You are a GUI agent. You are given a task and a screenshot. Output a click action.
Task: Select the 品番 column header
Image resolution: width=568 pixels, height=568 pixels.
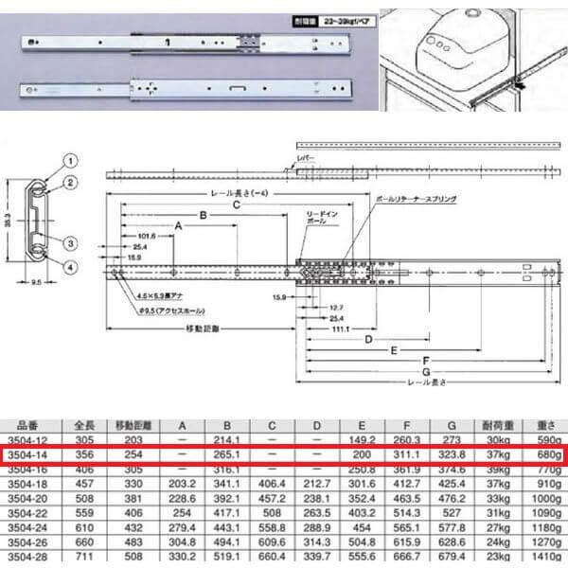[x=27, y=426]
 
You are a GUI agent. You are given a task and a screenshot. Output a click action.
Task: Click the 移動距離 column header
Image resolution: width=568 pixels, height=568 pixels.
[x=122, y=426]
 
